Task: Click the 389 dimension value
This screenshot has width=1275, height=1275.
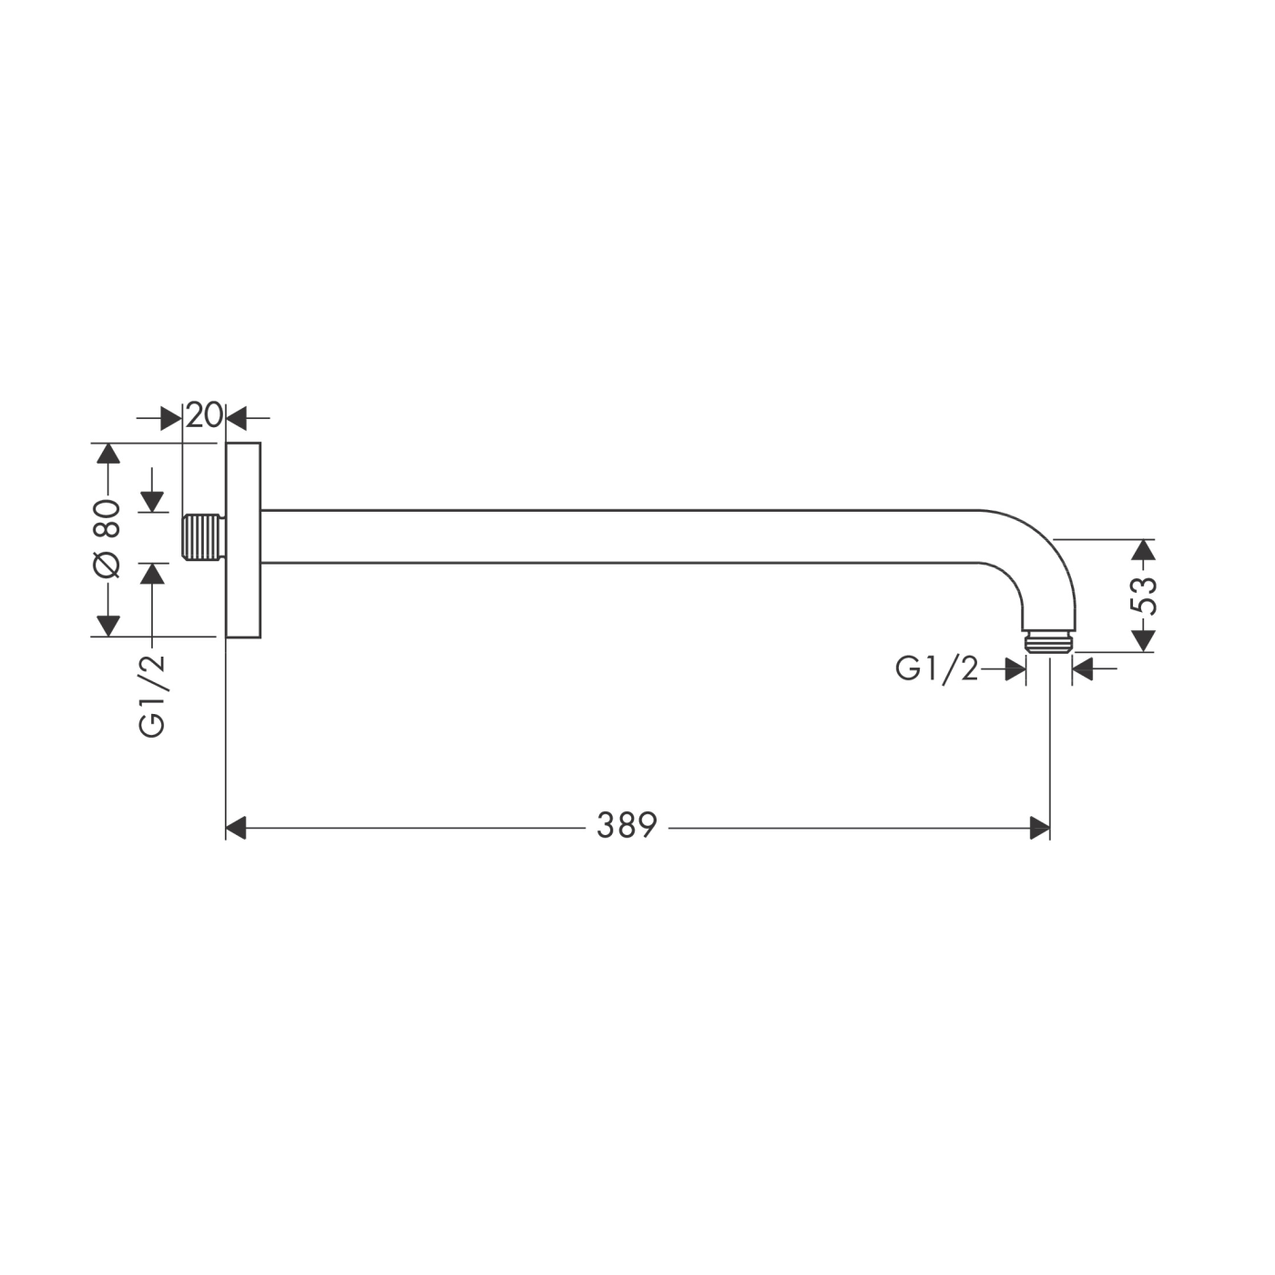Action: [x=627, y=825]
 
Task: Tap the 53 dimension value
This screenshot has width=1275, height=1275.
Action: [x=1144, y=596]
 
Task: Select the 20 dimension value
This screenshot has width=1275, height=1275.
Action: [x=203, y=415]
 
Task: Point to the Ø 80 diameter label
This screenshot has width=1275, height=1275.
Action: [x=107, y=538]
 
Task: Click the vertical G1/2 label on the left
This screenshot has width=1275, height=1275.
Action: [x=151, y=696]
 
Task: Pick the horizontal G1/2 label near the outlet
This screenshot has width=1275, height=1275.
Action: [x=936, y=669]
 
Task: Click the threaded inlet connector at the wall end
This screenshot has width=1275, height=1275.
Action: [x=204, y=536]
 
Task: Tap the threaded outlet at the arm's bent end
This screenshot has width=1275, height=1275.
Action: [x=1049, y=642]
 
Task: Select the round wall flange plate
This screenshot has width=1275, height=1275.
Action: [x=243, y=540]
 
